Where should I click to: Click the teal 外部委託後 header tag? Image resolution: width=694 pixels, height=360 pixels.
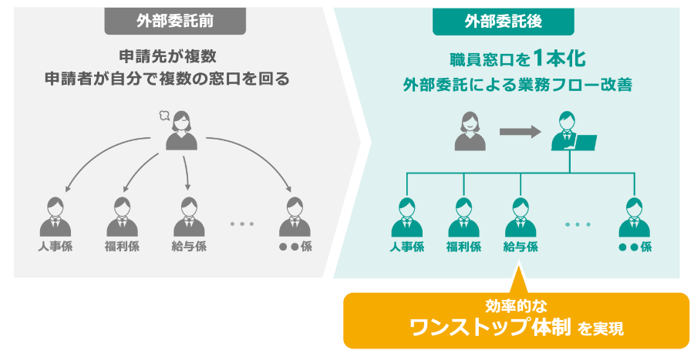[x=503, y=21]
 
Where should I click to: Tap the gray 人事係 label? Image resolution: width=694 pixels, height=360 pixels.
[x=54, y=247]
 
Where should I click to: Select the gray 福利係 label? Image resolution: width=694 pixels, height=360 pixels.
[x=122, y=247]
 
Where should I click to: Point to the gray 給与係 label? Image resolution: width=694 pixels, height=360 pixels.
[x=189, y=247]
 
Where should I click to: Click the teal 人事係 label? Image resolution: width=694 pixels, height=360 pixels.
[x=407, y=247]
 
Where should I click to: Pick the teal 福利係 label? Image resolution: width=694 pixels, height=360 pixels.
[x=463, y=247]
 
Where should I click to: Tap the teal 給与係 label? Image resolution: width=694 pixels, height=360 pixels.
[x=520, y=247]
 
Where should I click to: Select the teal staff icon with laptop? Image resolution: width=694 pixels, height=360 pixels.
[x=571, y=133]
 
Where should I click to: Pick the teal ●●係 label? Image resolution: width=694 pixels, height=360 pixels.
[x=635, y=247]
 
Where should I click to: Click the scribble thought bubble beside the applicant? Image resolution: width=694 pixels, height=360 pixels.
[x=163, y=116]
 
